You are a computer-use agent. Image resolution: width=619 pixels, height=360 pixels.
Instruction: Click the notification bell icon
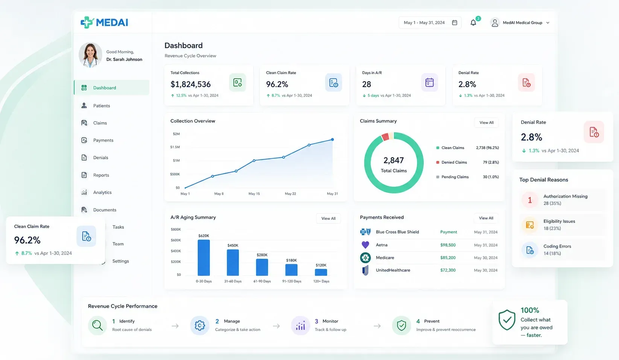tap(473, 23)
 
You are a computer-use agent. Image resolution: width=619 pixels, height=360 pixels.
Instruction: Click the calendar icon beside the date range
tap(455, 23)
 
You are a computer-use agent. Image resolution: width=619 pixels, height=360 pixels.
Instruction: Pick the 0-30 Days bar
tap(204, 258)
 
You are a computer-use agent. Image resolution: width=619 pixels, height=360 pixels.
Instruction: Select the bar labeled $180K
tap(291, 270)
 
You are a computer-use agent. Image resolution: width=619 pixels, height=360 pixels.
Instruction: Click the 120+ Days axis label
tap(321, 281)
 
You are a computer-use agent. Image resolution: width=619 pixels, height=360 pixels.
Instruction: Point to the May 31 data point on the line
tap(332, 140)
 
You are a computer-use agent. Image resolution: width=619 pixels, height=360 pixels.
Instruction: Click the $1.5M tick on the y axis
tap(175, 147)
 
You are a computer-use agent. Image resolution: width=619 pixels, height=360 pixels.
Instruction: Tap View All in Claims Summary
tap(486, 122)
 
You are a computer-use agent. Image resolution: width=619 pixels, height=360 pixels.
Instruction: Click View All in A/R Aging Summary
tap(328, 218)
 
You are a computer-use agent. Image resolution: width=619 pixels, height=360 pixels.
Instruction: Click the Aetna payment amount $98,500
tap(448, 245)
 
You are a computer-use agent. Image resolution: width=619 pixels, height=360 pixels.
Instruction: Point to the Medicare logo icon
tap(365, 258)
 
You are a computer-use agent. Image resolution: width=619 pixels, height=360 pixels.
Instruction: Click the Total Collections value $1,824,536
tap(190, 84)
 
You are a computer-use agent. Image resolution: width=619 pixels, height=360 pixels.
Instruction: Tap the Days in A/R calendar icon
tap(429, 82)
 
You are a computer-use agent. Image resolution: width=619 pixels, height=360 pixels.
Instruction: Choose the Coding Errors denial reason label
tap(557, 246)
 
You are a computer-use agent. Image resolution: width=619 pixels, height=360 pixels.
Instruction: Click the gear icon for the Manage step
tap(199, 325)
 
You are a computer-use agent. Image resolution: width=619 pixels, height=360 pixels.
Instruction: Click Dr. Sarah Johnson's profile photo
tap(90, 55)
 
